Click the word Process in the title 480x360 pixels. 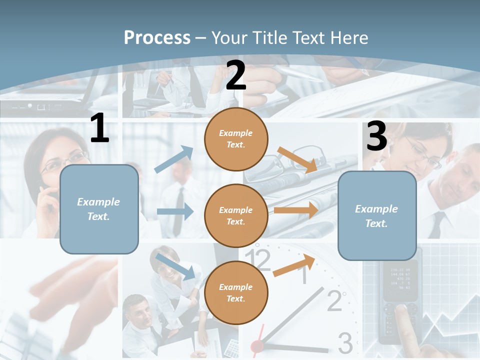coord(157,37)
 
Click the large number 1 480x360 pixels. coord(99,128)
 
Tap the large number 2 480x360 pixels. coord(236,75)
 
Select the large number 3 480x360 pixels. coord(376,136)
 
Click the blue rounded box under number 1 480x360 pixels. coord(99,209)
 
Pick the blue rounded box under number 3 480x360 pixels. coord(377,215)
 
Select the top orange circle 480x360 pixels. coord(236,139)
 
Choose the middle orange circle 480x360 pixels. coord(236,215)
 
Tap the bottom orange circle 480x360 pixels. coord(236,292)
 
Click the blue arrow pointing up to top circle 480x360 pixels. coord(174,159)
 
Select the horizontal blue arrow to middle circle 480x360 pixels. coord(175,211)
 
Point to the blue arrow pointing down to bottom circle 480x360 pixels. coord(175,266)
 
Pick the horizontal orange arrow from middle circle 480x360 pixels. coord(296,210)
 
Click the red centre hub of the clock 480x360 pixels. coord(257,345)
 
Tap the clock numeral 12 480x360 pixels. coord(261,260)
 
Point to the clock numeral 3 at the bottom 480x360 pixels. coord(345,343)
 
